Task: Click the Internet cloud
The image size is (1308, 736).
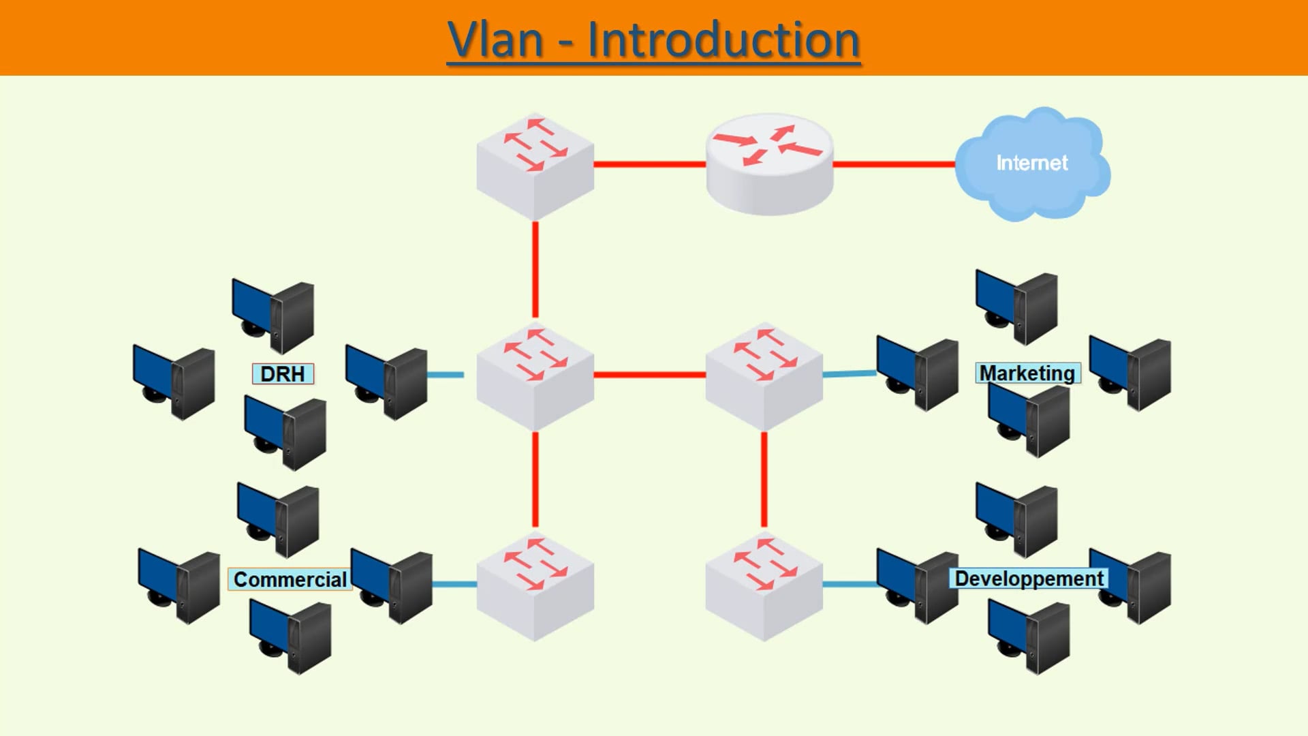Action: pyautogui.click(x=1031, y=164)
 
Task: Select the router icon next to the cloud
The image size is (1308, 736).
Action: pyautogui.click(x=769, y=164)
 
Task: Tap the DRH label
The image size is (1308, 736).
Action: pyautogui.click(x=283, y=374)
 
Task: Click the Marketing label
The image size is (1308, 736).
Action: pyautogui.click(x=1027, y=373)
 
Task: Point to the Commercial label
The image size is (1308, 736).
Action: pyautogui.click(x=290, y=580)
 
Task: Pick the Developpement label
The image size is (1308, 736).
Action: pyautogui.click(x=1029, y=579)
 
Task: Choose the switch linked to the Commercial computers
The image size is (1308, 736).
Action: pyautogui.click(x=535, y=587)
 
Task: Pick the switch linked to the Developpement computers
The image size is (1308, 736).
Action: pyautogui.click(x=764, y=587)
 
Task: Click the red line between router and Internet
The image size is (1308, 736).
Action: pyautogui.click(x=892, y=164)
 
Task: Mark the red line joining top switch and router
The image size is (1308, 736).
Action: pyautogui.click(x=649, y=164)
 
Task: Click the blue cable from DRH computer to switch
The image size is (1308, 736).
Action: pyautogui.click(x=446, y=375)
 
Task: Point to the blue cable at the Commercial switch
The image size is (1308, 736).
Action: pyautogui.click(x=454, y=584)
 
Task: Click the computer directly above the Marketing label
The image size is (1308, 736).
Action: pyautogui.click(x=1017, y=307)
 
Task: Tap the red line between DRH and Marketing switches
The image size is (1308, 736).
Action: pyautogui.click(x=649, y=375)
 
